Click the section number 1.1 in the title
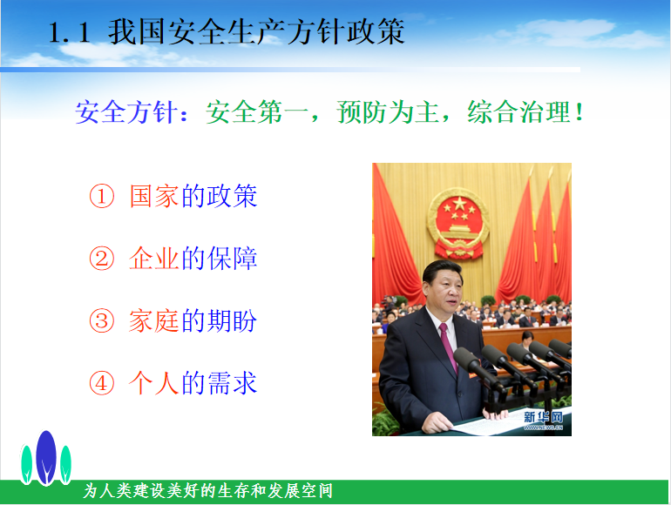70,32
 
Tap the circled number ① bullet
102,196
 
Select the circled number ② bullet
102,259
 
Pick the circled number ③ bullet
102,320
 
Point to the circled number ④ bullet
102,383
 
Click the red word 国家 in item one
154,196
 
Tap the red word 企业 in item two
154,259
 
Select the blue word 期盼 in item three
232,320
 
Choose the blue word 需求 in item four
232,383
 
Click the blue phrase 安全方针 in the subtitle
126,112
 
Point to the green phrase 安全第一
257,112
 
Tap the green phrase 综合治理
518,112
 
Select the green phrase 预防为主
388,112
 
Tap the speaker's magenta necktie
448,347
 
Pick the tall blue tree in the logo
46,457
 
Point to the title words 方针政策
346,32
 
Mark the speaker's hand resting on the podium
437,423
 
